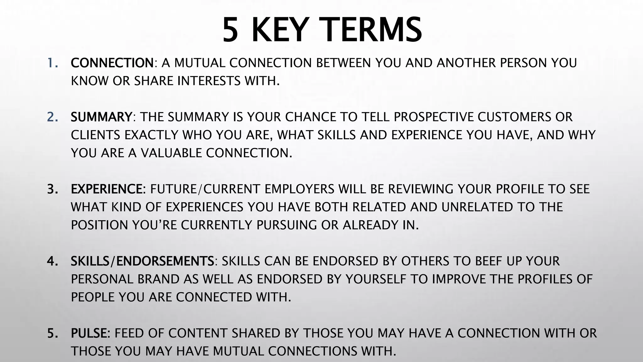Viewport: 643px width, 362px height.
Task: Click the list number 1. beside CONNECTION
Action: point(52,63)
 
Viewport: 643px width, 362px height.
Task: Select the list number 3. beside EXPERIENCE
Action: point(52,189)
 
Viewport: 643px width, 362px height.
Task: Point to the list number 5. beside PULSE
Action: point(52,333)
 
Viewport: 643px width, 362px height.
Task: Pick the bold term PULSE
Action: point(89,333)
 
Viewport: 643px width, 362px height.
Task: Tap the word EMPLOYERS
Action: point(300,189)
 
